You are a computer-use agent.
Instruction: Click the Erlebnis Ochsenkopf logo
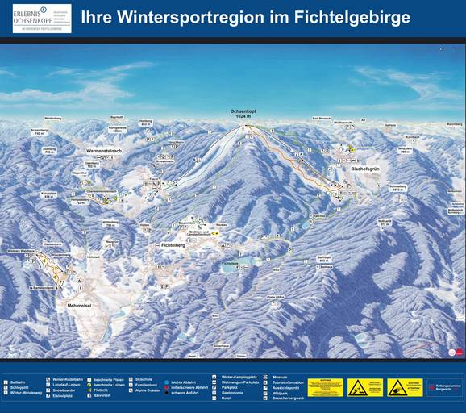coord(42,18)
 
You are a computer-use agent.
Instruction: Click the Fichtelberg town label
coord(175,244)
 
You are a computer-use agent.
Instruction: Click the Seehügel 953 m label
coord(325,259)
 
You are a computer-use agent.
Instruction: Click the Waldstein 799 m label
coord(405,150)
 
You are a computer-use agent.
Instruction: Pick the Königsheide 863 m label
coord(118,128)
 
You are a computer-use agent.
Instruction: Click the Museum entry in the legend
coord(280,376)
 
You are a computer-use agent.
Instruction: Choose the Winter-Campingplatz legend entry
coord(240,376)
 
